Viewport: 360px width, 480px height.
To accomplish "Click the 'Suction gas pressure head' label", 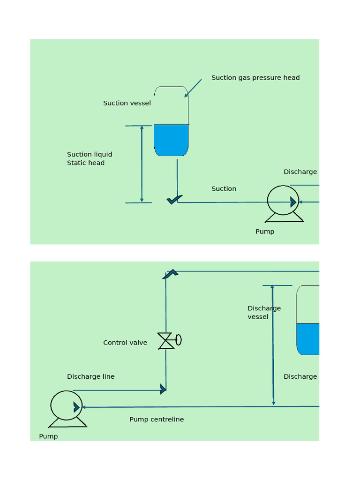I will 255,78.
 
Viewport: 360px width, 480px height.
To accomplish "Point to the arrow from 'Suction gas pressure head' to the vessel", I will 193,88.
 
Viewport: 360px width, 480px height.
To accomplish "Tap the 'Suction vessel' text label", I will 127,103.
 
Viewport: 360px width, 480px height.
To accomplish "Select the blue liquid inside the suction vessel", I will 171,140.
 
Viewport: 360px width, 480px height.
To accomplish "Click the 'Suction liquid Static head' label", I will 90,158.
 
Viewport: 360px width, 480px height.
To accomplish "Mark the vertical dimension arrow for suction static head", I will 142,164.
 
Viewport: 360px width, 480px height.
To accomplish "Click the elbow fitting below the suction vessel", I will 174,200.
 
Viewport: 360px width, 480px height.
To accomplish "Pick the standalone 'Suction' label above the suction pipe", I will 224,189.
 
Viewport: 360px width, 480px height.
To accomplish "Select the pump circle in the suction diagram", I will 283,200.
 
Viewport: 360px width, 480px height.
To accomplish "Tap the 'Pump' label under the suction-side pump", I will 265,232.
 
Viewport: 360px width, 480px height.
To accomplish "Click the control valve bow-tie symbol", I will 166,341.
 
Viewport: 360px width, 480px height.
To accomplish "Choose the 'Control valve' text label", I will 125,343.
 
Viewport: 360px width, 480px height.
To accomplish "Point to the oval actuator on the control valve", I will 179,340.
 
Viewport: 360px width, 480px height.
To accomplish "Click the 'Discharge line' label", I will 90,376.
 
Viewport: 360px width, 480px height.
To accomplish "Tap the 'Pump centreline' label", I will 157,420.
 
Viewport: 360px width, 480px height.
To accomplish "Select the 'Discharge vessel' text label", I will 264,313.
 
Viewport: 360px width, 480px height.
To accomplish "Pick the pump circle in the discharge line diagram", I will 66,405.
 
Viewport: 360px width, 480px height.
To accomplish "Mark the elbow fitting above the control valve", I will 170,274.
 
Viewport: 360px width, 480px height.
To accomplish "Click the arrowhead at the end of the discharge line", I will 163,389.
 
